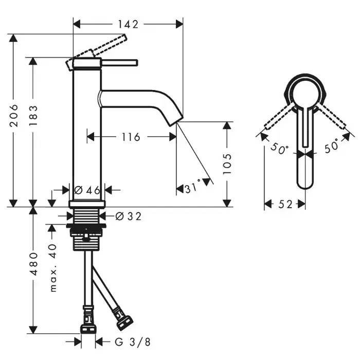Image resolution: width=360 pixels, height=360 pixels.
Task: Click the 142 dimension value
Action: coord(128,24)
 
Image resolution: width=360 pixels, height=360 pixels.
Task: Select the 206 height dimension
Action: coord(14,115)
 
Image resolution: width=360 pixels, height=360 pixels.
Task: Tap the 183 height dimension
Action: coord(33,115)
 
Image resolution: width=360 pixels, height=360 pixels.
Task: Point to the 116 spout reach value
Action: coord(131,137)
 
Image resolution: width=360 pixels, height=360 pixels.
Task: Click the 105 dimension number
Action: coord(227,164)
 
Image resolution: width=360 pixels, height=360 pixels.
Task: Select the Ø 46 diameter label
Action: coord(87,190)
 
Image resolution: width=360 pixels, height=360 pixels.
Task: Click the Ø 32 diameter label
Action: coord(128,217)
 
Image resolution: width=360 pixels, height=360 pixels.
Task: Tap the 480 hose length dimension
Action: coord(33,264)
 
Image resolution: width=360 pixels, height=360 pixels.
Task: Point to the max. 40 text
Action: coord(53,268)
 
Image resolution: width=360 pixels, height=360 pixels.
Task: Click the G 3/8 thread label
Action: coord(133,342)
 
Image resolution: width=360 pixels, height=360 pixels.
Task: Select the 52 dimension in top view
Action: coord(285,204)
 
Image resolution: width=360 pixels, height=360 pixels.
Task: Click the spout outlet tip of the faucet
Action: coord(176,121)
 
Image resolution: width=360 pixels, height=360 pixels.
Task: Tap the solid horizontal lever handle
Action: coord(119,63)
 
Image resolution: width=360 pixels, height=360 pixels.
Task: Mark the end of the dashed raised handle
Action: coord(124,38)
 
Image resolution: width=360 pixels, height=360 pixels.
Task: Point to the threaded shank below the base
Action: coord(86,216)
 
